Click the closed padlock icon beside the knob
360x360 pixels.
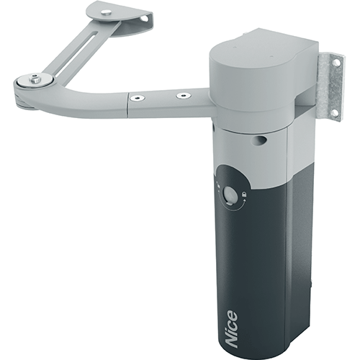click(244, 194)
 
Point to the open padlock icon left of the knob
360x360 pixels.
click(218, 185)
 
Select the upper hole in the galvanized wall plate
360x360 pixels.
click(338, 63)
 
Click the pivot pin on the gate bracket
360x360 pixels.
click(104, 12)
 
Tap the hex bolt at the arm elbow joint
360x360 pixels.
click(34, 78)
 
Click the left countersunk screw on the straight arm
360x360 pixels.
click(138, 97)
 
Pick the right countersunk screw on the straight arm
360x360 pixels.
click(184, 96)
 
